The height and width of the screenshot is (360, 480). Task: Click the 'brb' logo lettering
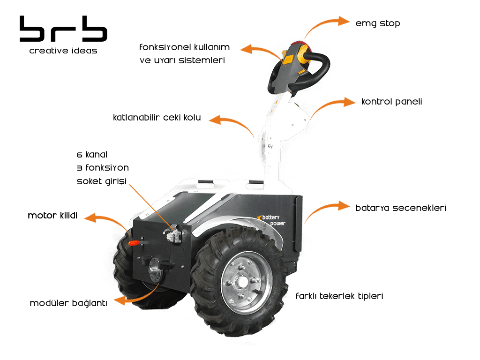pos(63,29)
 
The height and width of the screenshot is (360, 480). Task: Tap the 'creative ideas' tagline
pos(63,51)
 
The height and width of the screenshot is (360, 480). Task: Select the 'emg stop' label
pos(377,23)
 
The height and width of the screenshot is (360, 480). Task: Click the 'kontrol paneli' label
pos(391,102)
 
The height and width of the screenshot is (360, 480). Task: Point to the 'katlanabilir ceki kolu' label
pos(157,118)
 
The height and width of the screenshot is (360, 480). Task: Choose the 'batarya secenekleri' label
pos(401,208)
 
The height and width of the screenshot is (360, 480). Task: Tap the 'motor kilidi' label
pos(52,216)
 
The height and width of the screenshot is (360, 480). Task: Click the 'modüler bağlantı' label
pos(68,303)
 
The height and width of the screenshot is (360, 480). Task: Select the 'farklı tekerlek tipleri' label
pos(339,296)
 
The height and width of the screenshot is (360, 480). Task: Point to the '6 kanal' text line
pos(92,155)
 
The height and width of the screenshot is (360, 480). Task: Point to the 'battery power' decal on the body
pos(272,220)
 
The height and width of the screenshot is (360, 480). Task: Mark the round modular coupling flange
pos(155,270)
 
